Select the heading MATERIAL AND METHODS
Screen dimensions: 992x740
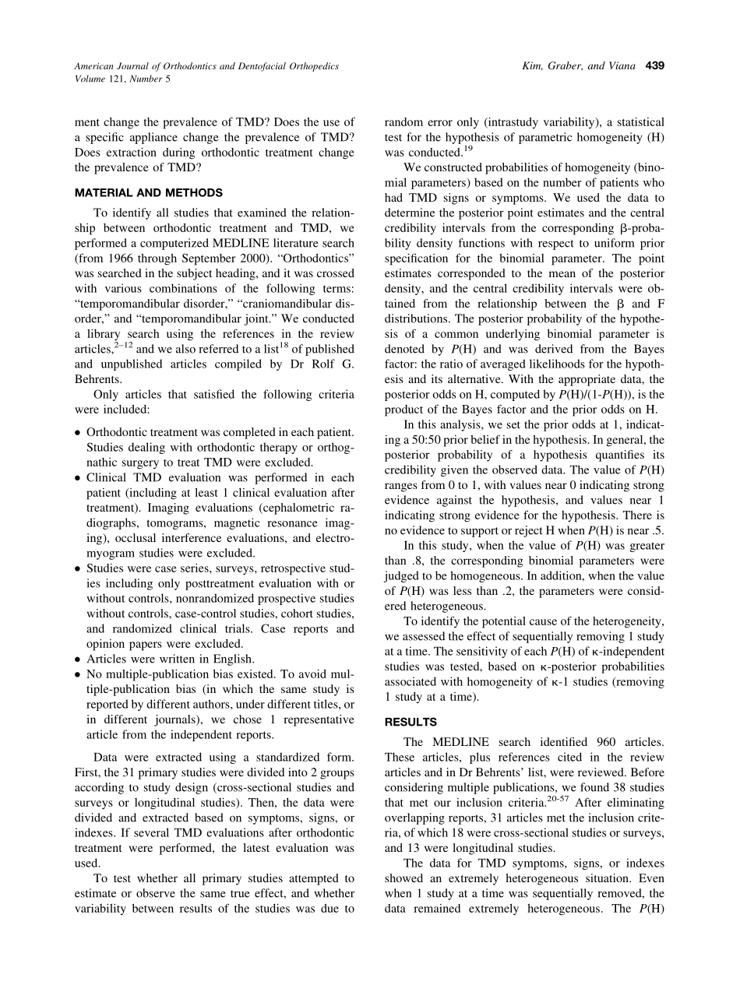tap(148, 192)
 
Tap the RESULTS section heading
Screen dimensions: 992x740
tap(411, 722)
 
